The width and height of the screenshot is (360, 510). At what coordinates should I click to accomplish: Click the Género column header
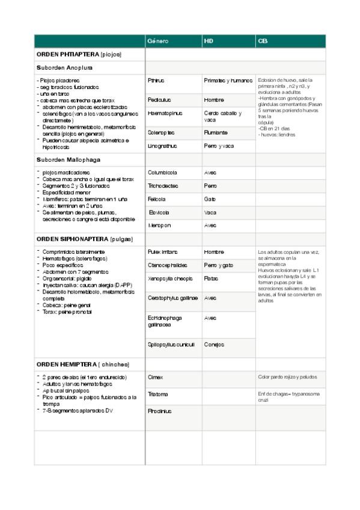[x=158, y=41]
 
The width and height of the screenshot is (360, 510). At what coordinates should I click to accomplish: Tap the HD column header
[x=209, y=41]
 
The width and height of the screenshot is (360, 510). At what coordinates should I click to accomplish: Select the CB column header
[x=263, y=41]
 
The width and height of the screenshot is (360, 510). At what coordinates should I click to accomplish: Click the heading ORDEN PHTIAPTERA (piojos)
[x=79, y=55]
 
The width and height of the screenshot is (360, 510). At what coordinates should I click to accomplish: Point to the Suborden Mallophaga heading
[x=68, y=160]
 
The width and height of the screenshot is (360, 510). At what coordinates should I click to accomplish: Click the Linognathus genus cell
[x=163, y=146]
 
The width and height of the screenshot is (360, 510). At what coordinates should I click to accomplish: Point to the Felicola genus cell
[x=157, y=199]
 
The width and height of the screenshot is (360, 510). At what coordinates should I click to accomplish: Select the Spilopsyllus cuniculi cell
[x=171, y=345]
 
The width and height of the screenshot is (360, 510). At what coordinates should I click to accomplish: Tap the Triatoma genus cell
[x=158, y=395]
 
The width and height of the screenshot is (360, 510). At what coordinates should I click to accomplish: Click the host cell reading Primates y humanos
[x=228, y=80]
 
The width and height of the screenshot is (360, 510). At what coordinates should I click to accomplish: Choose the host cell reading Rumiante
[x=216, y=132]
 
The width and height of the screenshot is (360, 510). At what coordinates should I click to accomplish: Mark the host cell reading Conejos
[x=214, y=345]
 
